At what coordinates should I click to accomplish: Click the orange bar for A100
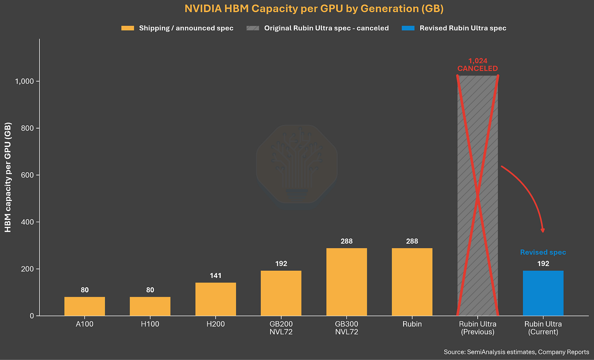tap(84, 306)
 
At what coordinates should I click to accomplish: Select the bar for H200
tap(215, 299)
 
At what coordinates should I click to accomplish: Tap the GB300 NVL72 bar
tap(347, 282)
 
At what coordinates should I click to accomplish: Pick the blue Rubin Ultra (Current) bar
tap(543, 293)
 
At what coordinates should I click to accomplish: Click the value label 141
tap(215, 276)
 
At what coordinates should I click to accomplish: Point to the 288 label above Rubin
tap(412, 241)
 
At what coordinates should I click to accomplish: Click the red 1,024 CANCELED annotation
tap(478, 65)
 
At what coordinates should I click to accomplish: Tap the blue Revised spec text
tap(543, 252)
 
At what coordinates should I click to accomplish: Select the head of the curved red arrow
tap(543, 230)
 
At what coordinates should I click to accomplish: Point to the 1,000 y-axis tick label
tap(24, 81)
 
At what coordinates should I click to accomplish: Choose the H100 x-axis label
tap(150, 324)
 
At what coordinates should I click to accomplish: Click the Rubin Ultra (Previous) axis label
tap(478, 328)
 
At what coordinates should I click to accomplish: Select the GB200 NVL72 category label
tap(281, 328)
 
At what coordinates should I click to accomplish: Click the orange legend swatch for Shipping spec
tap(128, 28)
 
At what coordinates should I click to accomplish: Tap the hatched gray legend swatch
tap(253, 28)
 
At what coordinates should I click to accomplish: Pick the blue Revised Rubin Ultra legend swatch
tap(408, 28)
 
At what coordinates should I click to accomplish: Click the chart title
tap(314, 9)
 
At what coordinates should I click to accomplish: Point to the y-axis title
tap(8, 177)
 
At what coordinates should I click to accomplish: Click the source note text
tap(516, 352)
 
